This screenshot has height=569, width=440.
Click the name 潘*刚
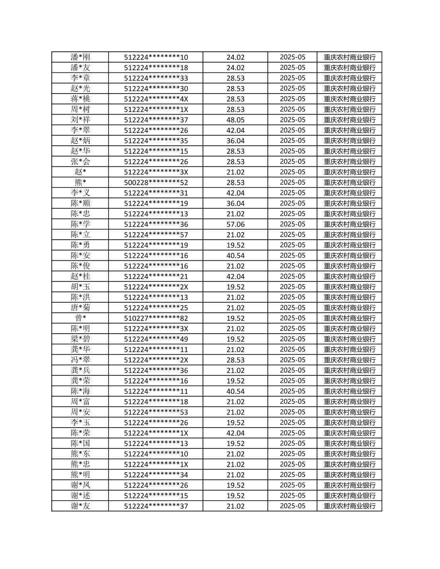[80, 57]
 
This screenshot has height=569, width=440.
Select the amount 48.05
[235, 120]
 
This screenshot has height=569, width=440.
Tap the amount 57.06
[235, 224]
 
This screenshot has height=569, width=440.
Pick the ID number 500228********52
[156, 182]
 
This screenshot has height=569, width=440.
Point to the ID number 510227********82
[156, 318]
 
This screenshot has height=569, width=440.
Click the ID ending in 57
[156, 235]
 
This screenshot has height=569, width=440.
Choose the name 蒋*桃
[80, 99]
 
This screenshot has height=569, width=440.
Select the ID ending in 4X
[156, 99]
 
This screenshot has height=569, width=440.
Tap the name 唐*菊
[80, 308]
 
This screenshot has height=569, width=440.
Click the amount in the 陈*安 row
[235, 256]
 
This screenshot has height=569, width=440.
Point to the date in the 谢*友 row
[292, 506]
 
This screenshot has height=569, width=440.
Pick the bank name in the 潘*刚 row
[349, 57]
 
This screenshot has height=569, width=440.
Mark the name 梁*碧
[80, 339]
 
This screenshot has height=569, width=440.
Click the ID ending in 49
[156, 339]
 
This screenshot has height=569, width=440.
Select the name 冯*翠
[80, 360]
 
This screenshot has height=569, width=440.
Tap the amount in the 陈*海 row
[235, 391]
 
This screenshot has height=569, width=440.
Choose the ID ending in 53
[156, 412]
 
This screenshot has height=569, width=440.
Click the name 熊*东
[80, 454]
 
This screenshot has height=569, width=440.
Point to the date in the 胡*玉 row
[292, 287]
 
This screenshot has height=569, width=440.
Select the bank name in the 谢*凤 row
[349, 485]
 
